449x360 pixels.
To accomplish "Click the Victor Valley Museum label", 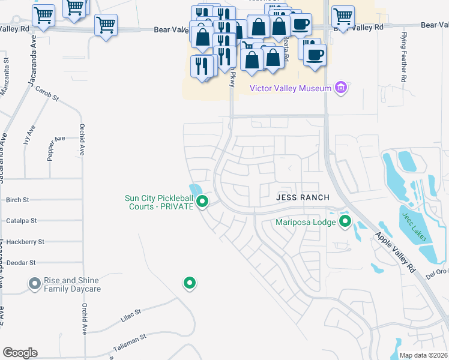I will [291, 89].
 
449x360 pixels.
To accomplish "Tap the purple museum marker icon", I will [341, 88].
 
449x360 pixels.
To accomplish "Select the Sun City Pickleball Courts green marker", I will [203, 202].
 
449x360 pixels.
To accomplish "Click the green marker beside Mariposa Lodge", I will [345, 223].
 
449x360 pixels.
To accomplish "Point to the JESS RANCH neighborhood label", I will [303, 197].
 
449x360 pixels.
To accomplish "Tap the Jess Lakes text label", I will [414, 227].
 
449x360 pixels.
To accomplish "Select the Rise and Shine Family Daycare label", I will [72, 284].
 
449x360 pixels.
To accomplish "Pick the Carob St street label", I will [47, 94].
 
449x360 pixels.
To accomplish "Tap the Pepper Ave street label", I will [56, 147].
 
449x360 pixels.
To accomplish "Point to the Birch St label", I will [17, 200].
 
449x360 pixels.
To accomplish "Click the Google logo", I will [20, 352].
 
